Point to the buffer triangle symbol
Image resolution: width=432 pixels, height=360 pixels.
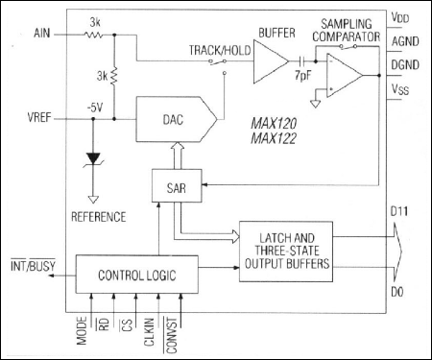(x=271, y=68)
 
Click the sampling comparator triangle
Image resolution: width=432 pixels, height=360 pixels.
(x=344, y=71)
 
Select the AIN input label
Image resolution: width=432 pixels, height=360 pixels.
(x=42, y=32)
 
